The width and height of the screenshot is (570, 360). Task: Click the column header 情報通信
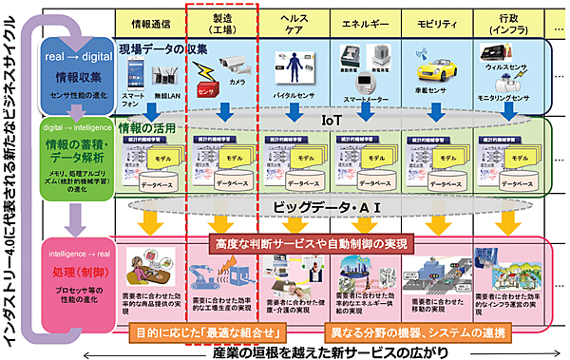tap(149, 18)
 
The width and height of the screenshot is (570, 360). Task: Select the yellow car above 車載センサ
tap(438, 68)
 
